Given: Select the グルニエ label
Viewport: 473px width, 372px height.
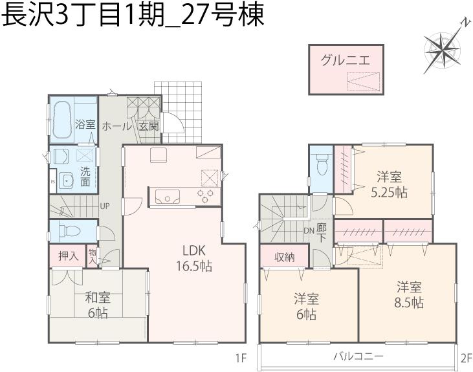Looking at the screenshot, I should pyautogui.click(x=346, y=62).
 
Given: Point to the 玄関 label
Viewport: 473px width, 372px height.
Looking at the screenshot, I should pyautogui.click(x=148, y=126).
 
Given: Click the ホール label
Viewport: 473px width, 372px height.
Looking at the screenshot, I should pyautogui.click(x=116, y=126).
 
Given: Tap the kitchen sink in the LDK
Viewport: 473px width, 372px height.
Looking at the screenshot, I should pyautogui.click(x=170, y=197).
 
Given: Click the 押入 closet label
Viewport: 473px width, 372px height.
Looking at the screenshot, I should pyautogui.click(x=68, y=256).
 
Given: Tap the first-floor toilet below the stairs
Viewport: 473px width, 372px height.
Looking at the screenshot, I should pyautogui.click(x=68, y=230).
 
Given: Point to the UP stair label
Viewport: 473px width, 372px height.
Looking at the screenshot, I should pyautogui.click(x=104, y=208).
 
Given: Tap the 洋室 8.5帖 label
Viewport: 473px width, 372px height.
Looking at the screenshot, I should pyautogui.click(x=410, y=294).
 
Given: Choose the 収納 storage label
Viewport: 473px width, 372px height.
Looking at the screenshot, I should pyautogui.click(x=285, y=257).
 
